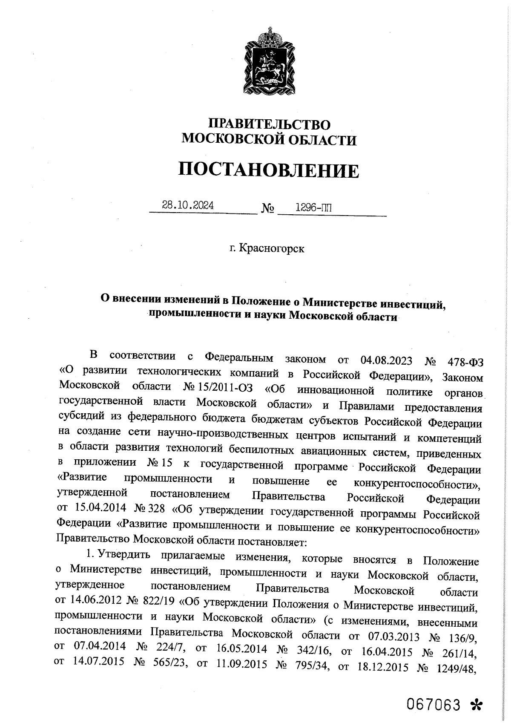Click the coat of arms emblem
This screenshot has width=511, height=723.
(x=269, y=62)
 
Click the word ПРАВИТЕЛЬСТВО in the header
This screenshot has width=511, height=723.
(x=269, y=124)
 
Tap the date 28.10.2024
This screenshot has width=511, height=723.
(x=188, y=205)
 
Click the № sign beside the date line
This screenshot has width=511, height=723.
(x=267, y=209)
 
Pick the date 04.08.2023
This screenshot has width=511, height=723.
(x=386, y=360)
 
